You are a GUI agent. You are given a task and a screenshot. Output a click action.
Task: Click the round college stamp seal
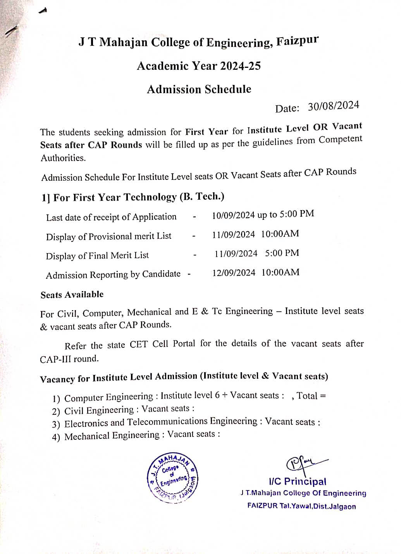tap(172, 478)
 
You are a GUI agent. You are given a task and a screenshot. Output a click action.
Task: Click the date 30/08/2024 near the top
tap(334, 106)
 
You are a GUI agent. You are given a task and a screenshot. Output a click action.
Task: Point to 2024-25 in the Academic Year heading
tap(240, 66)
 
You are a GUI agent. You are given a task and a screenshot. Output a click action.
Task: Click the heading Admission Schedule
tap(199, 90)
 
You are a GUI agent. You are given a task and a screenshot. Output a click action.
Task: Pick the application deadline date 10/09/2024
tap(233, 215)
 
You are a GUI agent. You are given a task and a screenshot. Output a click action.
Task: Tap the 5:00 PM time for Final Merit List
tap(282, 253)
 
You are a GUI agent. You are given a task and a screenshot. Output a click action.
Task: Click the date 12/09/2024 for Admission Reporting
tap(234, 273)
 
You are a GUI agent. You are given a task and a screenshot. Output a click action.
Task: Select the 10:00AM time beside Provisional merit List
tap(280, 234)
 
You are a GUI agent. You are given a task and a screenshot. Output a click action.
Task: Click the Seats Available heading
tap(72, 295)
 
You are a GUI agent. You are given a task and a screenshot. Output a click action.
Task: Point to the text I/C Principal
tap(298, 482)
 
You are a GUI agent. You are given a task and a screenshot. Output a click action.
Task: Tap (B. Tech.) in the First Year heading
tap(202, 197)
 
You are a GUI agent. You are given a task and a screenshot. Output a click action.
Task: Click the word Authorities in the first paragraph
tap(63, 158)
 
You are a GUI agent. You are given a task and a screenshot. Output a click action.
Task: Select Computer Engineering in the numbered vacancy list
tap(109, 397)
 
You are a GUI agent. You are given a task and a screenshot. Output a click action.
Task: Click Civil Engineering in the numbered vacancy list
tap(99, 411)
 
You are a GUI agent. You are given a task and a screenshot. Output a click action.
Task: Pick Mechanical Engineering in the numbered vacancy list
tap(112, 436)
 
